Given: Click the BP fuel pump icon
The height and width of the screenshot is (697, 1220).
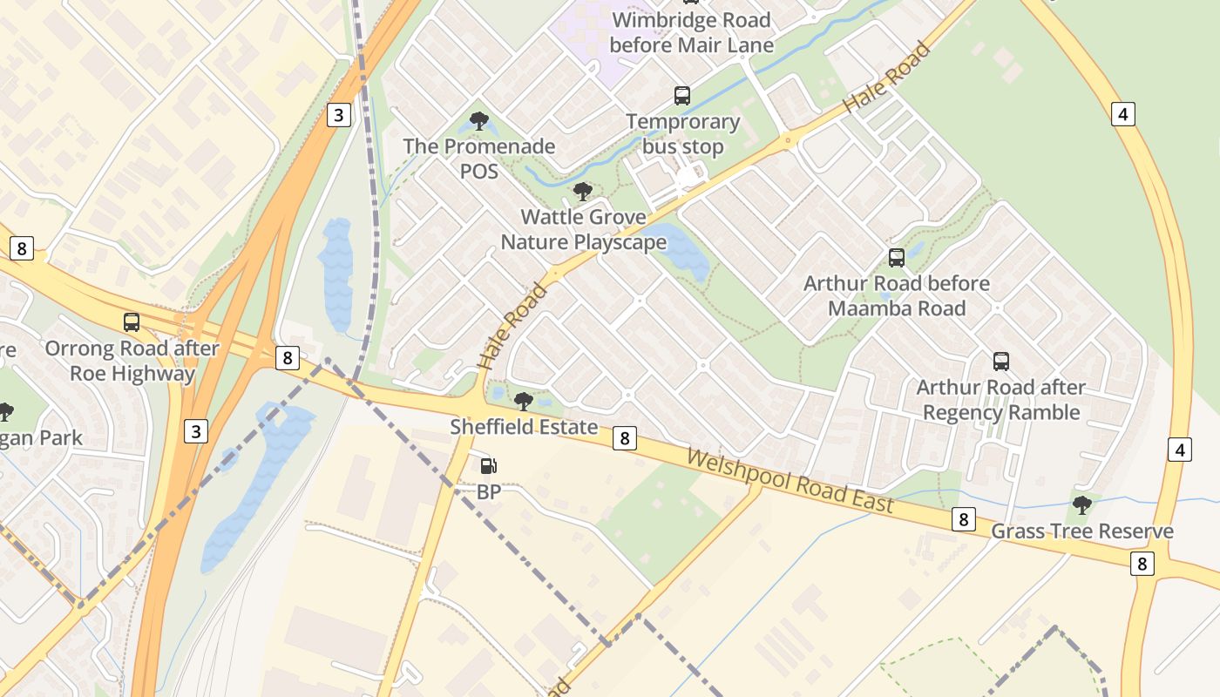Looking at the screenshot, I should click(x=489, y=466).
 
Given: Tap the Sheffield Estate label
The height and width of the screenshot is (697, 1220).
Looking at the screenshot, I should click(x=524, y=427).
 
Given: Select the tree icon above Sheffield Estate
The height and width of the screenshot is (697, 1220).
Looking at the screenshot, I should click(x=524, y=401).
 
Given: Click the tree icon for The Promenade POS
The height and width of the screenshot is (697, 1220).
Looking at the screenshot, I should click(x=478, y=120).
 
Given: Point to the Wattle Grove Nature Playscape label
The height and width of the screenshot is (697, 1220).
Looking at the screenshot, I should click(x=583, y=229).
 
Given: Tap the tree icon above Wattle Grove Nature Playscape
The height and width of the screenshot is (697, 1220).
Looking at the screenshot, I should click(x=582, y=191).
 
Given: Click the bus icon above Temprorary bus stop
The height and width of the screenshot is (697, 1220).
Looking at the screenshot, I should click(x=682, y=95).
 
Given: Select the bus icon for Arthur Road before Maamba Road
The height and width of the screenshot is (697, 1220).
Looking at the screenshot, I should click(x=896, y=257).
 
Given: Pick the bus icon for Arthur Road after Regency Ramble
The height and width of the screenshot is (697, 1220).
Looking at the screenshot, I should click(x=1001, y=361).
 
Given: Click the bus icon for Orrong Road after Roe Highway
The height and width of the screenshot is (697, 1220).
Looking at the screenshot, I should click(x=132, y=322).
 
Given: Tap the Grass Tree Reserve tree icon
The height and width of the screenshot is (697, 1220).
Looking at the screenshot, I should click(x=1082, y=504).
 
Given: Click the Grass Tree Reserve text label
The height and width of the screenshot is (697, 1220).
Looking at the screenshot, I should click(x=1082, y=531).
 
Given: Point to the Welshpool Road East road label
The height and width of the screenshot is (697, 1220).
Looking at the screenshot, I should click(x=790, y=482).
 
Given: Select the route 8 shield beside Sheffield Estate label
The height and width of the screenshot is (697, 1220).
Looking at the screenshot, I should click(x=624, y=437).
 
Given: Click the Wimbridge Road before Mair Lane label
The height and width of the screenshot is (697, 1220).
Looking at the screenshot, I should click(x=691, y=32).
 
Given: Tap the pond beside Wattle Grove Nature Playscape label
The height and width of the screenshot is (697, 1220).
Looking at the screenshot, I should click(x=681, y=250).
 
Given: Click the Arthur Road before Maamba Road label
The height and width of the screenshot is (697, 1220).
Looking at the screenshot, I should click(x=897, y=296).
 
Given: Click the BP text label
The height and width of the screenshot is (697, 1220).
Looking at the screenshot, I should click(x=489, y=492).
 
